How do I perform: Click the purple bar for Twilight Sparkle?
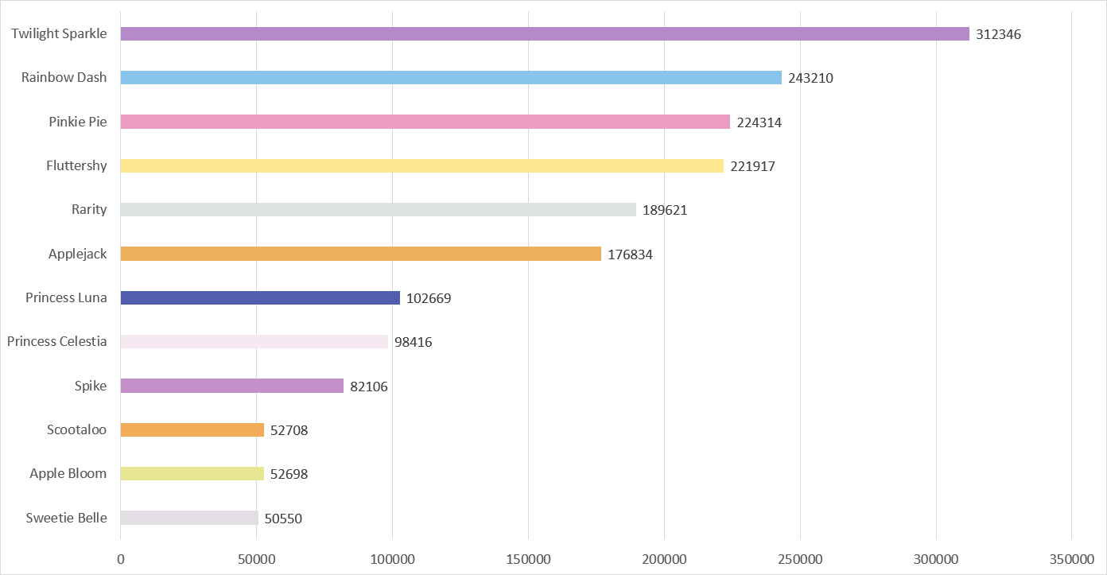point(545,34)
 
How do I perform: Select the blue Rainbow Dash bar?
point(451,78)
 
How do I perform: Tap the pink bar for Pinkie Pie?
point(425,122)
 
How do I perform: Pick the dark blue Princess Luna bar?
point(260,298)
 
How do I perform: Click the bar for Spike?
point(231,386)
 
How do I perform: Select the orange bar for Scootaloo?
point(192,430)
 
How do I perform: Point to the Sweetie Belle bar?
point(189,518)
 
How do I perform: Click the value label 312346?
point(998,35)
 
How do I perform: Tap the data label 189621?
point(665,211)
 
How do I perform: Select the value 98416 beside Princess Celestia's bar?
point(413,342)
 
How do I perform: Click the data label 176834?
point(630,254)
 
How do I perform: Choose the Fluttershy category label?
point(76,165)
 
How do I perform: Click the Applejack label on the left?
point(77,254)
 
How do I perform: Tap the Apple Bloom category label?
point(68,473)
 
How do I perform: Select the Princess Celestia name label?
point(56,341)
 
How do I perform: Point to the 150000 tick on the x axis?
point(529,560)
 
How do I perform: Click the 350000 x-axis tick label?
point(1071,560)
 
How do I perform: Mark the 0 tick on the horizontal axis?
point(121,560)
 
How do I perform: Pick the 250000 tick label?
point(800,560)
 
